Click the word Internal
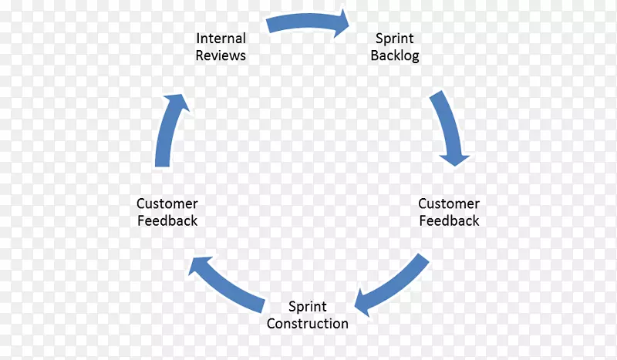[221, 39]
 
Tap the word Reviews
[221, 56]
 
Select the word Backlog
[395, 56]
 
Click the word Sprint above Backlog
[395, 39]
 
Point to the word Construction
[308, 323]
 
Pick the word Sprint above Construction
[308, 306]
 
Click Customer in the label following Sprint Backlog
[449, 204]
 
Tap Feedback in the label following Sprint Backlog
[449, 221]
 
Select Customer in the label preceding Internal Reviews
[167, 204]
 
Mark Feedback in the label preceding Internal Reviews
[167, 221]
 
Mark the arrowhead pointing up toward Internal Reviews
[177, 103]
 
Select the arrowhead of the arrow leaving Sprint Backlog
[454, 156]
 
